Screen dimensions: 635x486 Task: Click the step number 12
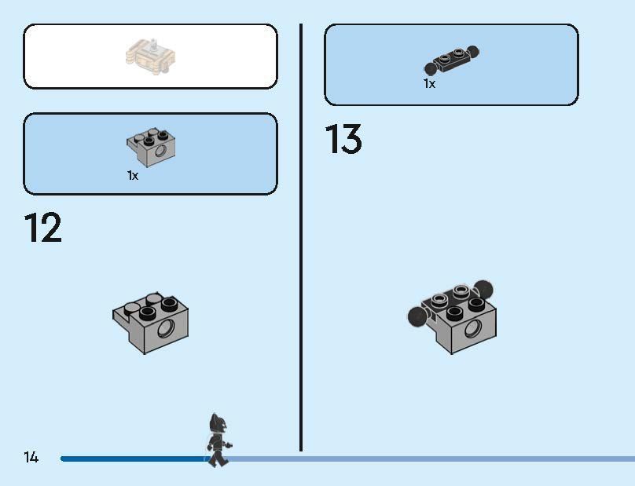43,228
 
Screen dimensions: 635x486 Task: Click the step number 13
343,139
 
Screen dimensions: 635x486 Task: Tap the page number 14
31,457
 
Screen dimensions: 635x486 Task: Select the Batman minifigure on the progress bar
218,440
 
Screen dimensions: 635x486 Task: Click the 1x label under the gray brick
133,176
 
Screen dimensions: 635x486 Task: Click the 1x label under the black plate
429,84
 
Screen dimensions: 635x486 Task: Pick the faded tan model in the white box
151,57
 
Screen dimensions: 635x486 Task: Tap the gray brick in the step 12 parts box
151,148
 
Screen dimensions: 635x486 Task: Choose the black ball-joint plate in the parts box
451,60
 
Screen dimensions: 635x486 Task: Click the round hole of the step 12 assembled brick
166,328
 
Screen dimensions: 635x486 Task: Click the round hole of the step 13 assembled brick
473,329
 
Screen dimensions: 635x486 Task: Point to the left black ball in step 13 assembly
417,316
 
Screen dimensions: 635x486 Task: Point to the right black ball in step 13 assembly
483,290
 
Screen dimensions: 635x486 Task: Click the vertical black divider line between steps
301,237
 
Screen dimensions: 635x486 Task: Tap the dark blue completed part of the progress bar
134,459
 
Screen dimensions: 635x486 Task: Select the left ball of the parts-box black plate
430,69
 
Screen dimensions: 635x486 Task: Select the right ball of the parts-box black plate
472,51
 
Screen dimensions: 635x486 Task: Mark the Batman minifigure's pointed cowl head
215,424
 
